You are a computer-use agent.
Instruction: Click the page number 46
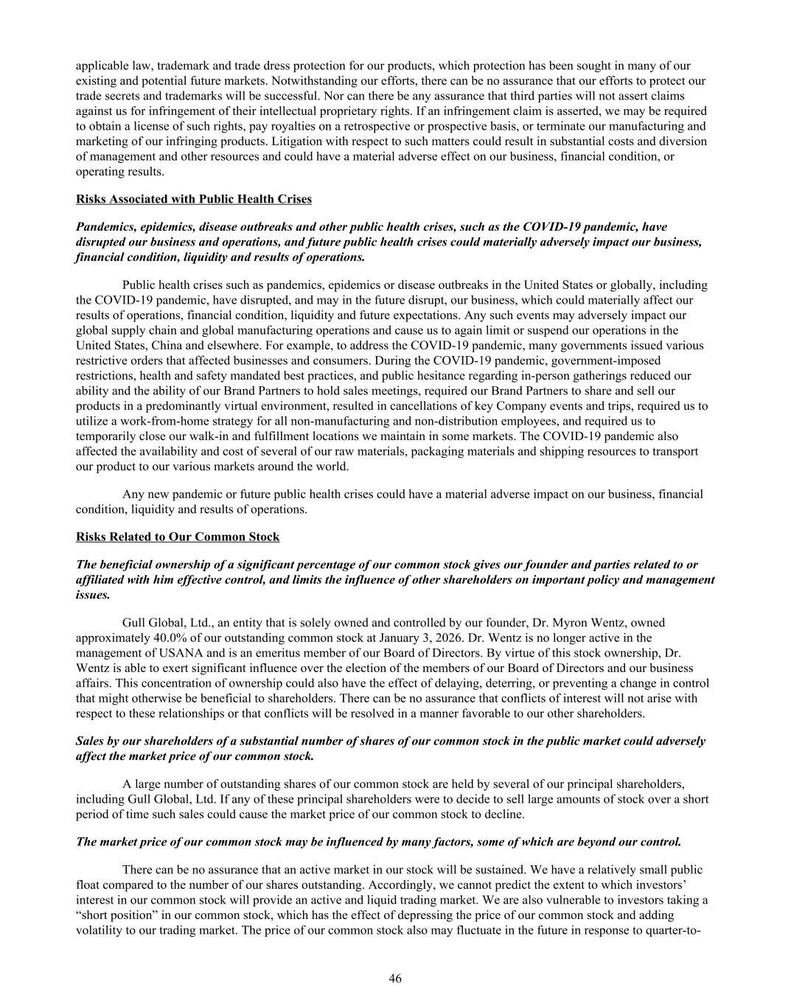click(x=395, y=978)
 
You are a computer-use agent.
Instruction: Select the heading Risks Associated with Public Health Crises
click(x=193, y=199)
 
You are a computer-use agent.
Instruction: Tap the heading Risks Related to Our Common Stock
click(x=177, y=537)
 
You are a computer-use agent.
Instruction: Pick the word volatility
click(x=101, y=930)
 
